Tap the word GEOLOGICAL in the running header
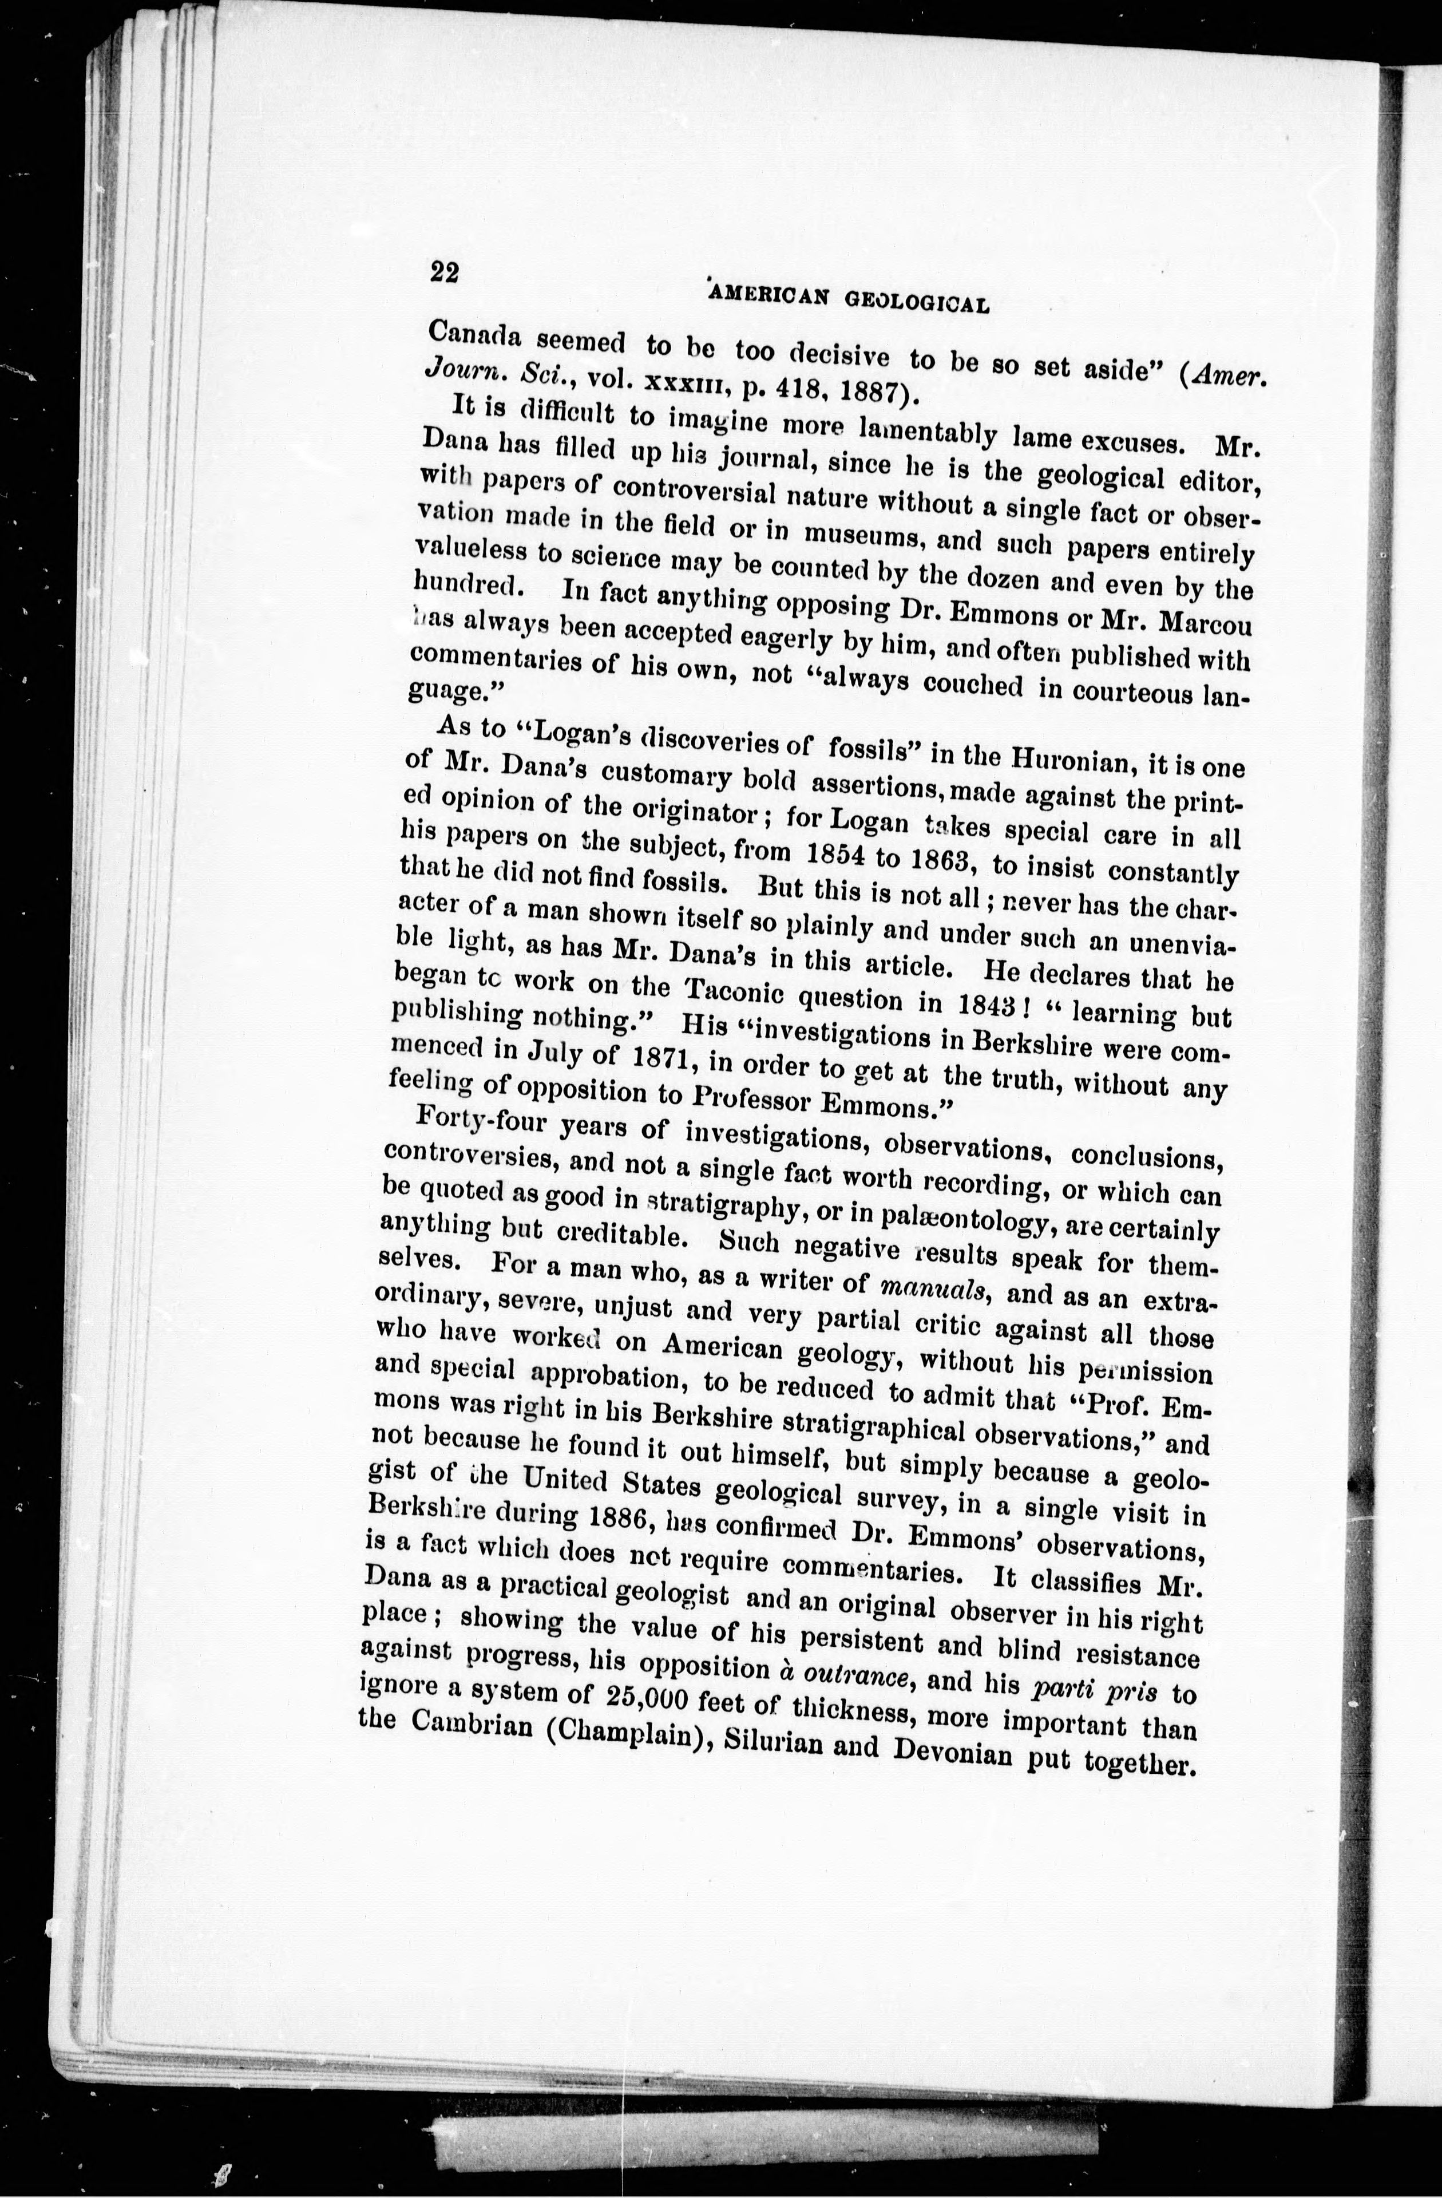918,299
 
